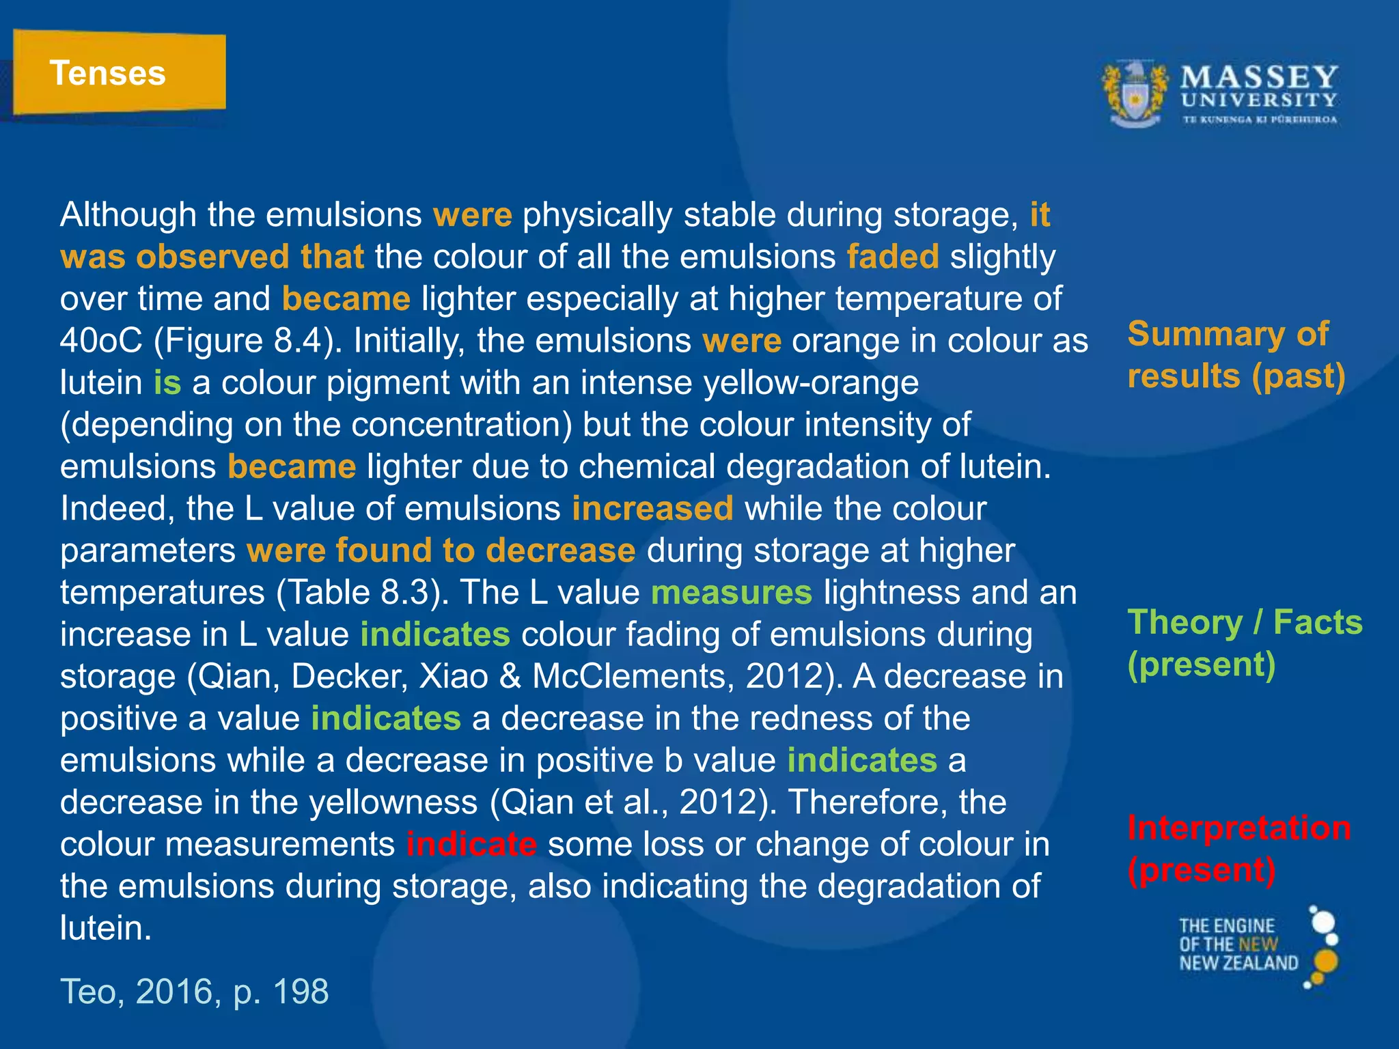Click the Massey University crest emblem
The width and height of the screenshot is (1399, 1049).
tap(1135, 94)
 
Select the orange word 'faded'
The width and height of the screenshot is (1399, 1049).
tap(893, 257)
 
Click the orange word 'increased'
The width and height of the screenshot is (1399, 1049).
tap(652, 509)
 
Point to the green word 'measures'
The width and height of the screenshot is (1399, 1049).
tap(732, 593)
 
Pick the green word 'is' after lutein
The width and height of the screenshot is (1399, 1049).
tap(167, 382)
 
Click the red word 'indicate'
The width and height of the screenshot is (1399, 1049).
tap(471, 845)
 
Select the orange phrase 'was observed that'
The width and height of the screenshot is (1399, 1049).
tap(212, 257)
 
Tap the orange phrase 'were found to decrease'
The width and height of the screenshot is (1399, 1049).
tap(441, 550)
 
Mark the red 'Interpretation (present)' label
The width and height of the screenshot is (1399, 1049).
tap(1238, 849)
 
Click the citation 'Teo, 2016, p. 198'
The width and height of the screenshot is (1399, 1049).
tap(195, 991)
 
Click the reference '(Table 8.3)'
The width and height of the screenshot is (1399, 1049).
tap(361, 593)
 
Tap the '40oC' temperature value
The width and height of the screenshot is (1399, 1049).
tap(101, 341)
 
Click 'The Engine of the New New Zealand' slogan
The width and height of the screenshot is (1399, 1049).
tap(1237, 945)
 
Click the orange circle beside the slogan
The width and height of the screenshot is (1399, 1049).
tap(1326, 961)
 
